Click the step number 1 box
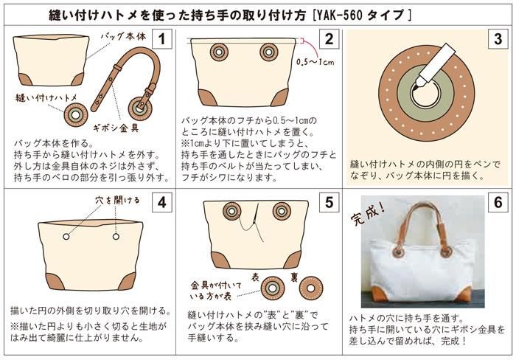tap(161, 39)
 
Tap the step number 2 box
tap(329, 39)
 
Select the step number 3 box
tap(498, 39)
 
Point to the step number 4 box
tap(161, 202)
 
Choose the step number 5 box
tap(329, 202)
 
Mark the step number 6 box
tap(498, 202)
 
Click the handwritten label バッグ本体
tap(123, 36)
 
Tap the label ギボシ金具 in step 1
tap(116, 128)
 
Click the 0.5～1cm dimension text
tap(315, 62)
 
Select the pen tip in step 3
tap(416, 86)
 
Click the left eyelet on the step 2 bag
tap(218, 52)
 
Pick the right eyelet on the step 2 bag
tap(269, 52)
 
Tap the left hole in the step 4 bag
tap(66, 237)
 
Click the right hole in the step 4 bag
tap(116, 237)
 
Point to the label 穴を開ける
tap(117, 200)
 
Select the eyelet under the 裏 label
tap(310, 288)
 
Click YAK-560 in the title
tap(338, 15)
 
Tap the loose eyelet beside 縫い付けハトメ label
tap(76, 115)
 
